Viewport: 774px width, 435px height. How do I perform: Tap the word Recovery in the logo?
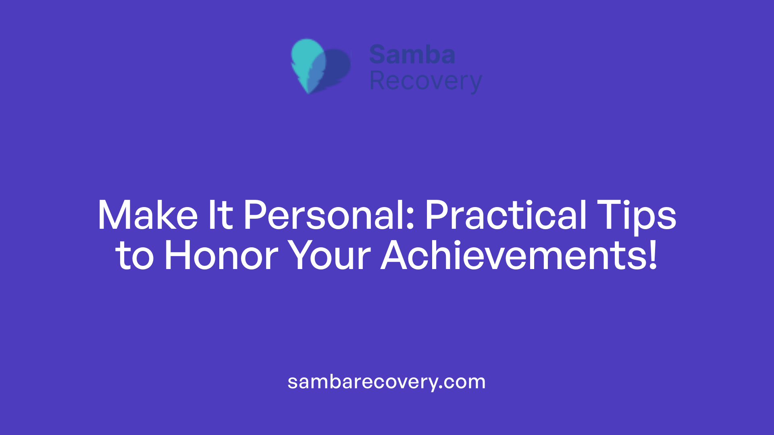(425, 81)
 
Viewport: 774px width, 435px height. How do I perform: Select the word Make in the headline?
(148, 215)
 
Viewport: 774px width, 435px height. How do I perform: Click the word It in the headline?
(220, 215)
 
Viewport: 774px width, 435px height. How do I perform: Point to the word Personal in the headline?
(325, 215)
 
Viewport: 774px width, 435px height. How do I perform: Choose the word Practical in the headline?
(506, 215)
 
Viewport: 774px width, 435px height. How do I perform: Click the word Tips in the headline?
(636, 215)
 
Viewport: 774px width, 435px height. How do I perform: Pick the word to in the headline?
(135, 256)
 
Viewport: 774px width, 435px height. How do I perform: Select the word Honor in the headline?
(221, 255)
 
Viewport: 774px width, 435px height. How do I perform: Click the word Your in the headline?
(330, 255)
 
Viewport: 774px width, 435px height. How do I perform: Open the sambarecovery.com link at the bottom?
(386, 382)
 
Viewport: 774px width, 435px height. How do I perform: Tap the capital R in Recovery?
(378, 81)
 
